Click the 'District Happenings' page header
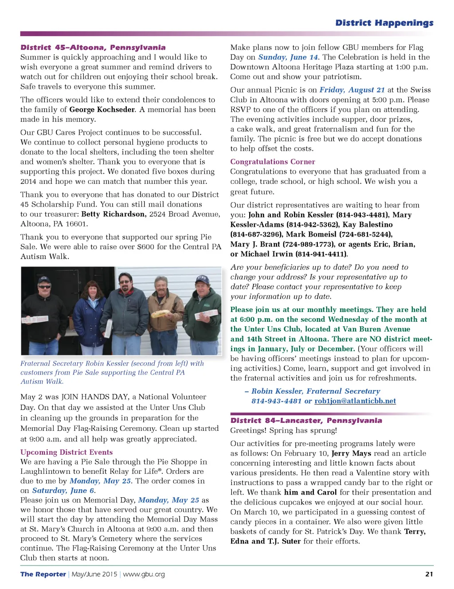[x=384, y=23]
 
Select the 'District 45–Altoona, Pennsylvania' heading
[x=93, y=47]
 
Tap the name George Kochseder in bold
[x=102, y=109]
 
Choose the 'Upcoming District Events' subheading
[x=67, y=452]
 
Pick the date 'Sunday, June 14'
[x=288, y=57]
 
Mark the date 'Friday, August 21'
[x=352, y=90]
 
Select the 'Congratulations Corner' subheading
[x=273, y=162]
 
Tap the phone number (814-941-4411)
[x=322, y=254]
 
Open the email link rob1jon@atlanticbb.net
[x=355, y=401]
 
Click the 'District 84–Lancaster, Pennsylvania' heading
[x=306, y=421]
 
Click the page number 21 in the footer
[x=429, y=574]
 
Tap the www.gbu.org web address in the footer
[x=144, y=574]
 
